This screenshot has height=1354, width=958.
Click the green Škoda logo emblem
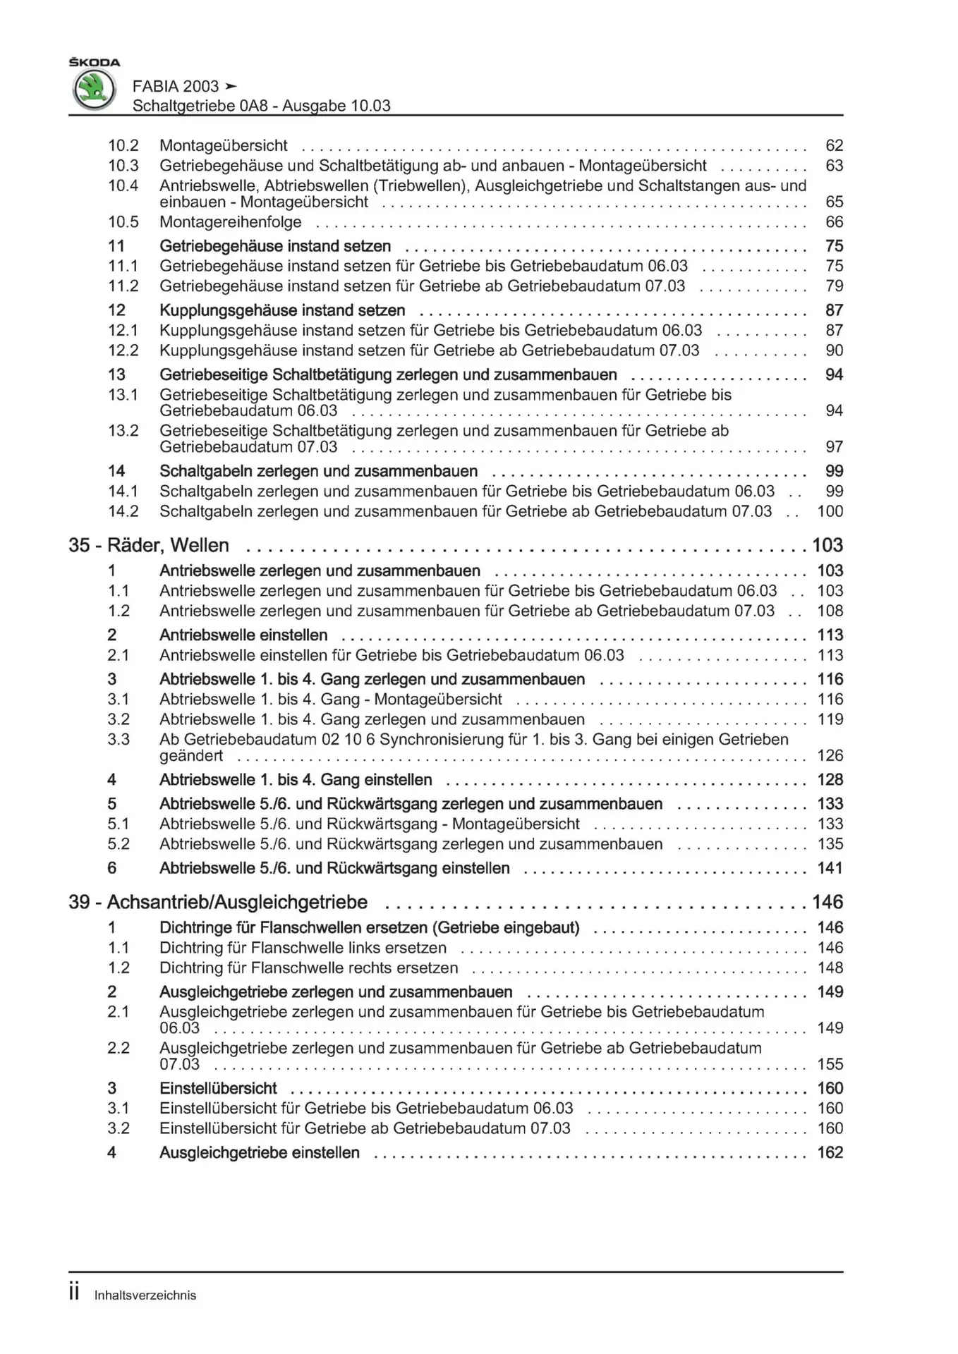[x=94, y=90]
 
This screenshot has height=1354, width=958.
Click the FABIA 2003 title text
[x=176, y=86]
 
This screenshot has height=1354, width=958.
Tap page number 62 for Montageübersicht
[x=834, y=145]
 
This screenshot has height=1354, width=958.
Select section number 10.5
[x=123, y=222]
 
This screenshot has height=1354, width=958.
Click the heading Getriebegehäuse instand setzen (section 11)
[x=275, y=246]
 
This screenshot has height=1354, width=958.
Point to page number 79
[x=834, y=286]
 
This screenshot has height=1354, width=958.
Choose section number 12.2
[x=123, y=350]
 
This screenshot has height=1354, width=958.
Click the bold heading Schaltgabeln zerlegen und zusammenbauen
[x=318, y=471]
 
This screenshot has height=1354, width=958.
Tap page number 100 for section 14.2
[x=830, y=511]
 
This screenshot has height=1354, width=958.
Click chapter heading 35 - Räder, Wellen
[x=149, y=545]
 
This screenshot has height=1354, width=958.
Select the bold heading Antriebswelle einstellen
[x=243, y=635]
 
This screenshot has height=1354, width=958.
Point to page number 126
[x=830, y=755]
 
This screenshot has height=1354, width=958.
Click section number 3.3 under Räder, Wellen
[x=119, y=739]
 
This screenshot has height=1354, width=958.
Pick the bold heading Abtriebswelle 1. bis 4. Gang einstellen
[x=296, y=780]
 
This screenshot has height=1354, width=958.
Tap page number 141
[x=830, y=868]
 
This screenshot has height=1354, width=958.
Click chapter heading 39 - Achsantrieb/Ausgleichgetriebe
[x=218, y=902]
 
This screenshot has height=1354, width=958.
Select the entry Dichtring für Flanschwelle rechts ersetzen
[x=308, y=968]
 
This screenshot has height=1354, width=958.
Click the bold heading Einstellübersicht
[x=218, y=1088]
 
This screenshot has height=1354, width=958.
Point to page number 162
[x=830, y=1152]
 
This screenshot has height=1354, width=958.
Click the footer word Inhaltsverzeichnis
[x=145, y=1295]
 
